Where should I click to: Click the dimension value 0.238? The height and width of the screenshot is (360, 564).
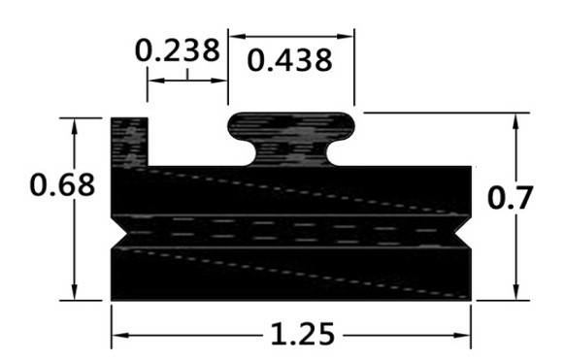click(177, 49)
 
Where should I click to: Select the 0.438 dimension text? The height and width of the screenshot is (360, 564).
click(290, 60)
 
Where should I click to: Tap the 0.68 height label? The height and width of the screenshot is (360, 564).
click(62, 184)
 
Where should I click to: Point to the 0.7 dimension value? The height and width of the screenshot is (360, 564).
click(510, 198)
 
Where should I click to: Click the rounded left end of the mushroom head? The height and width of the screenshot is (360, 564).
click(235, 126)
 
